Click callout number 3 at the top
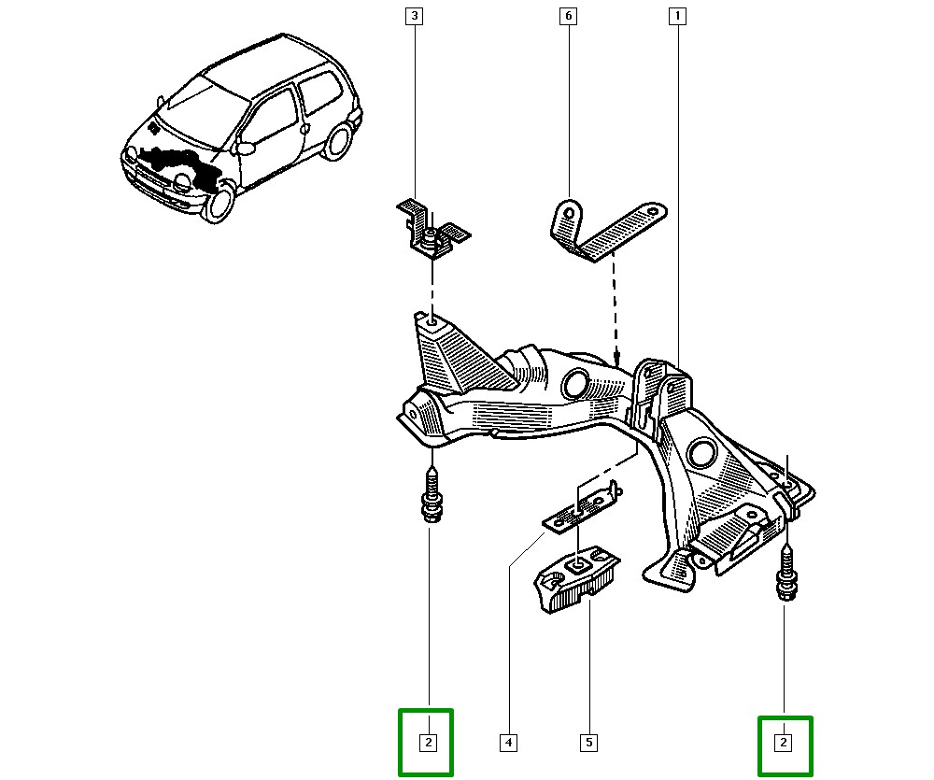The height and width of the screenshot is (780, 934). coord(414,16)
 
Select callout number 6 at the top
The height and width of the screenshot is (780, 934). coord(566,16)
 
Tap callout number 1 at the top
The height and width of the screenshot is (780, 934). coord(676,16)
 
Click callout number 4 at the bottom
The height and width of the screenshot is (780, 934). coord(508,744)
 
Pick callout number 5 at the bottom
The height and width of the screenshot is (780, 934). coord(589,744)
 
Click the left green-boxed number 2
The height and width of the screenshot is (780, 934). coord(427,743)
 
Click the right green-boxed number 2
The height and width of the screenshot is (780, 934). coord(785,743)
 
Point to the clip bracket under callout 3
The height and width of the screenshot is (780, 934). coord(431,230)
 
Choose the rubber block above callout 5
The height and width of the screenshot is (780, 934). coord(576,578)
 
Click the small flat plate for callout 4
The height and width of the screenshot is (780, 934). coord(579,509)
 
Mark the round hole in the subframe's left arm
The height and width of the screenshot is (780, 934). coord(574,383)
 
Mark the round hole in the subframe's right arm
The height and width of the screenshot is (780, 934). coord(701,455)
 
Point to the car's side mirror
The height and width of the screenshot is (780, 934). coord(246,148)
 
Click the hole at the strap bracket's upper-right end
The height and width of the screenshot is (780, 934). coord(657,212)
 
